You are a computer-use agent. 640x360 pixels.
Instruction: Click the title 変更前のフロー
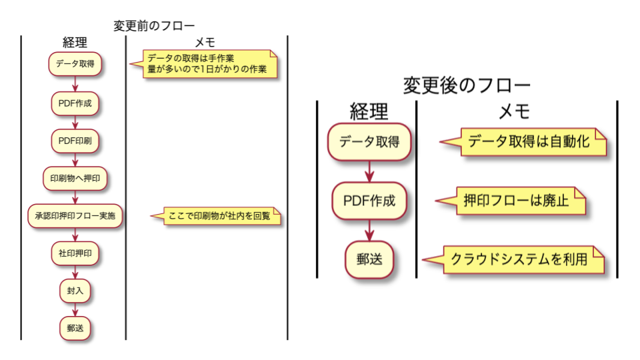(x=154, y=26)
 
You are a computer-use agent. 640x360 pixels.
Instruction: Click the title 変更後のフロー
(x=467, y=85)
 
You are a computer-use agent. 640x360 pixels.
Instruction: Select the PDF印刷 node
(x=75, y=141)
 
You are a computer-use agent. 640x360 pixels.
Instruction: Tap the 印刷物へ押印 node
(x=75, y=178)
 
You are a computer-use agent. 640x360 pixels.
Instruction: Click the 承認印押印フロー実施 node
(x=75, y=216)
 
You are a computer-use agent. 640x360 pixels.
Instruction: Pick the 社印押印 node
(x=75, y=253)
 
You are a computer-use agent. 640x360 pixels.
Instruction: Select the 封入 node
(x=75, y=291)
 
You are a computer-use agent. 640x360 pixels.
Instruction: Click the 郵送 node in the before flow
(x=75, y=328)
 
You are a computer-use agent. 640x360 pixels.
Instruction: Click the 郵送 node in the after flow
(x=369, y=258)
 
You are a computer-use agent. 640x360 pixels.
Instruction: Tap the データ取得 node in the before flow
(x=75, y=65)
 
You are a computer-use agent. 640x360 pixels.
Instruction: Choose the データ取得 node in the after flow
(x=369, y=141)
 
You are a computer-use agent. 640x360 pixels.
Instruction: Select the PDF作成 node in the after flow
(x=369, y=200)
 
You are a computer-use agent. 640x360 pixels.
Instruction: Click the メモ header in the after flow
(x=514, y=111)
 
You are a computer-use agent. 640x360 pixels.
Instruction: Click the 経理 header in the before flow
(x=75, y=43)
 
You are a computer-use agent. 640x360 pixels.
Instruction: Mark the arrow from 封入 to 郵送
(x=75, y=309)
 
